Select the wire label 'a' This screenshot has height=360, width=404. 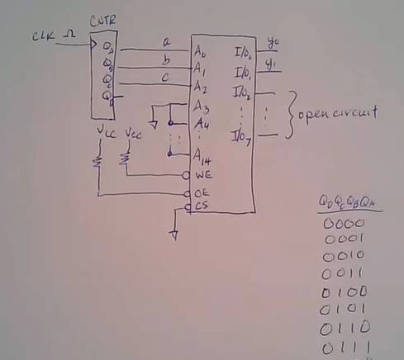click(x=165, y=41)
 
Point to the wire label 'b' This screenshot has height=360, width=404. click(x=166, y=59)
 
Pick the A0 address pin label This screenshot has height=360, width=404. click(x=200, y=50)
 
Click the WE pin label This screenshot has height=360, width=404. click(x=203, y=176)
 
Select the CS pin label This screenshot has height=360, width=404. click(x=202, y=206)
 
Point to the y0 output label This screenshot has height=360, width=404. click(x=274, y=42)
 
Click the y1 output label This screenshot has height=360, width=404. click(x=274, y=63)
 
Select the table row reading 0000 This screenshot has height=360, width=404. click(x=339, y=224)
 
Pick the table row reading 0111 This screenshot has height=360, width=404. click(x=345, y=348)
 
